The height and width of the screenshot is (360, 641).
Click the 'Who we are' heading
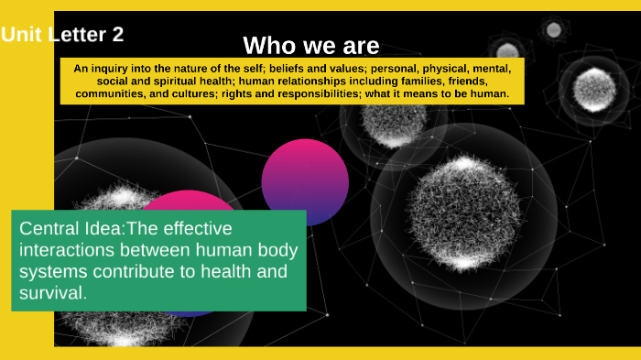(x=311, y=45)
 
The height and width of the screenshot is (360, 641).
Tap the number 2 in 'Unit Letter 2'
(x=117, y=35)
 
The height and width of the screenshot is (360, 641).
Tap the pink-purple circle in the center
(x=305, y=181)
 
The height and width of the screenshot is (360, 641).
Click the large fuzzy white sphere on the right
(x=463, y=213)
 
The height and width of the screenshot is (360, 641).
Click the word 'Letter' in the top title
(x=74, y=35)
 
